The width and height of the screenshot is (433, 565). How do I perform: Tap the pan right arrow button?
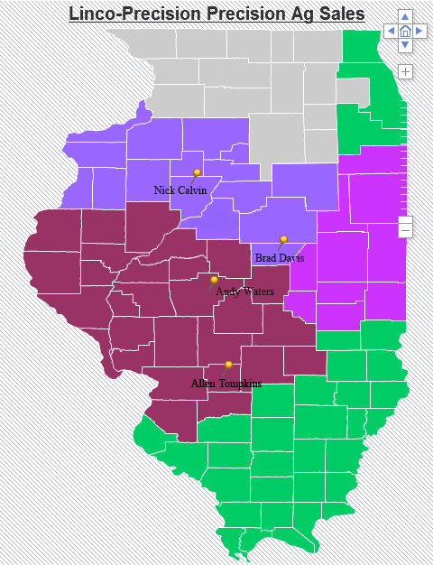pos(419,31)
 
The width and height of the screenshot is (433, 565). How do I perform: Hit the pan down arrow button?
pos(405,44)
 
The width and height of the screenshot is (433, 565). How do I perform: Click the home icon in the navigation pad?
pos(405,31)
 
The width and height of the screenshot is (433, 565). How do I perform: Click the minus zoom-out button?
pos(405,231)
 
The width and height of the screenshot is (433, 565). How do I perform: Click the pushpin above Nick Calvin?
pos(197,173)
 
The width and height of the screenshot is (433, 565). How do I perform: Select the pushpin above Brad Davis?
pos(283,241)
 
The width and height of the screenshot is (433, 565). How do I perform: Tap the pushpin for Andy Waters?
pos(214,281)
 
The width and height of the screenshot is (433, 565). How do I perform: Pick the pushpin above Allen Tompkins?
pos(228,366)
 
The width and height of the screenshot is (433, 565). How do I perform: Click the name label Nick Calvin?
pos(180,190)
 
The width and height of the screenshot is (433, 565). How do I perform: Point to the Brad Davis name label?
pos(279,258)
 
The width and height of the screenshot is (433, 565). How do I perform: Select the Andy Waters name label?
pos(244,292)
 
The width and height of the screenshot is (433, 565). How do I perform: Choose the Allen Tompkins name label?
pos(226,384)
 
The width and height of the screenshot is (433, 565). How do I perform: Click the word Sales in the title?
pos(337,14)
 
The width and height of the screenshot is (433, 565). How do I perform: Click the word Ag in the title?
pos(290,14)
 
